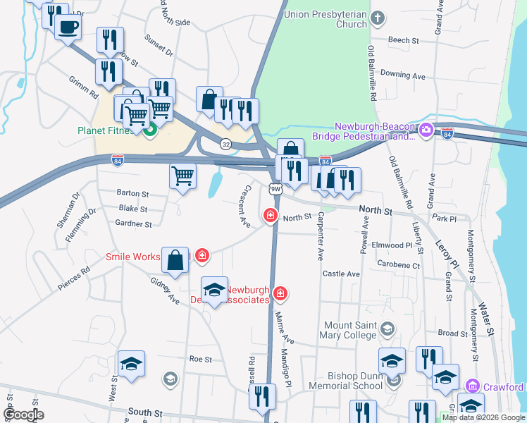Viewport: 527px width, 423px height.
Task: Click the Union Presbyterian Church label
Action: click(326, 19)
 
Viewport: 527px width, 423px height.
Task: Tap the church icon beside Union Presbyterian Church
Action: click(378, 18)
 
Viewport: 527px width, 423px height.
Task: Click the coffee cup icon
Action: click(68, 27)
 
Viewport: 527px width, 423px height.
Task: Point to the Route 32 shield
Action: click(225, 143)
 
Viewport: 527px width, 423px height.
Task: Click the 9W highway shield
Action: click(275, 188)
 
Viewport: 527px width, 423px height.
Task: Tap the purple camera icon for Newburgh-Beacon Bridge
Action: click(426, 130)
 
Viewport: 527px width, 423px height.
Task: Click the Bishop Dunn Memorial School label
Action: click(349, 381)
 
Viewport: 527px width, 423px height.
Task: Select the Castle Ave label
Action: click(341, 274)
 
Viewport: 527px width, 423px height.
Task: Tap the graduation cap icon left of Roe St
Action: click(131, 364)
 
